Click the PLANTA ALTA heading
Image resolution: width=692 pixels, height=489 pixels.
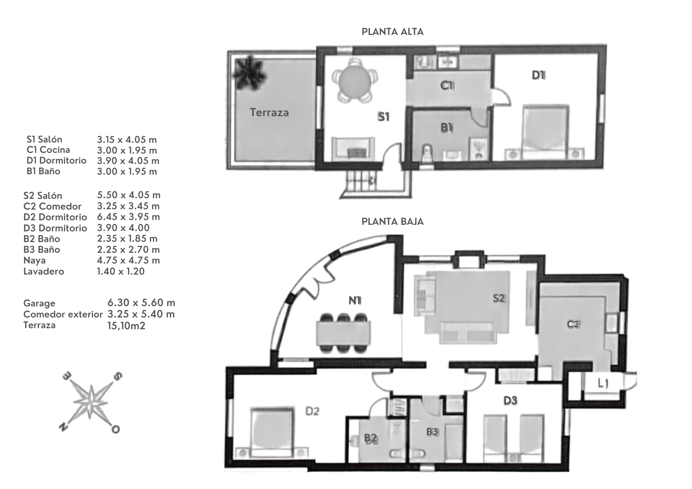392,32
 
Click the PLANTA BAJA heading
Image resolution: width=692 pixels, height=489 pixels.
392,221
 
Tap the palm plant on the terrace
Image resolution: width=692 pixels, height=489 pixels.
249,73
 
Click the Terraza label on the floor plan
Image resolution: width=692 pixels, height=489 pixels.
269,112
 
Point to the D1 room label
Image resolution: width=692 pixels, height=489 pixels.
538,75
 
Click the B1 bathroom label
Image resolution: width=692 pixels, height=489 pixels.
447,128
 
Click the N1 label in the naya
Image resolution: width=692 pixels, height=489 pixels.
355,301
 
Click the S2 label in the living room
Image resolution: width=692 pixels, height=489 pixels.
499,298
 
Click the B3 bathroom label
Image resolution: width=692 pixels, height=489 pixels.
432,431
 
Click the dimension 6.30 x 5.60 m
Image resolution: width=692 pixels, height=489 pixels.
141,303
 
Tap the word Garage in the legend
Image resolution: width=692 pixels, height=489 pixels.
39,303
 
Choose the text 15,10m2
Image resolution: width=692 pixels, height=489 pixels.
126,325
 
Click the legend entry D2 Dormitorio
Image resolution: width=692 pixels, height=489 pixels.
55,217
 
